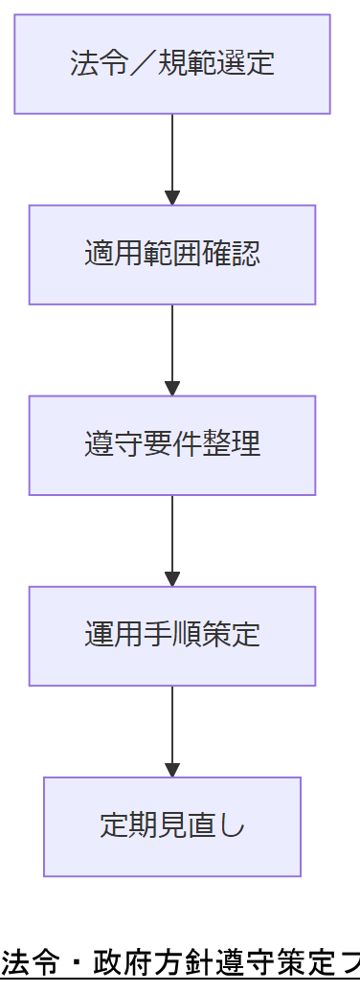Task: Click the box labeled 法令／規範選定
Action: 172,64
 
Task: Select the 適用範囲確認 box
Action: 172,255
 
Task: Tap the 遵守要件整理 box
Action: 172,445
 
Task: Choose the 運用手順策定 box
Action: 172,636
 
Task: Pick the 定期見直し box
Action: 172,826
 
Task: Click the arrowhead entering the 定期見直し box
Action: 172,770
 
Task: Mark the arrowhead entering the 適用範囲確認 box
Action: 172,198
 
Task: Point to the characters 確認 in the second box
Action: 238,255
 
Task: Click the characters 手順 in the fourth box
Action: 172,636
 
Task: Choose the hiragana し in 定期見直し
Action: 233,826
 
